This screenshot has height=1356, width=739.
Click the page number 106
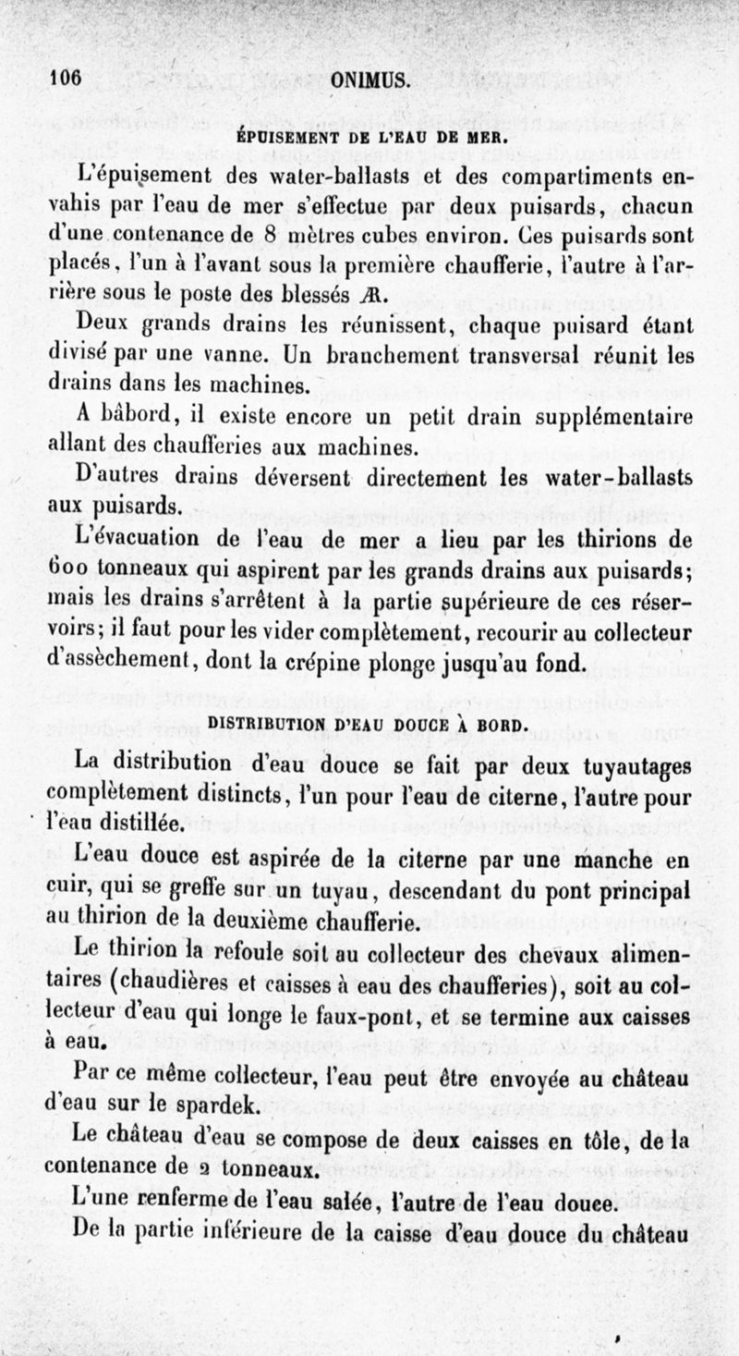(65, 79)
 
